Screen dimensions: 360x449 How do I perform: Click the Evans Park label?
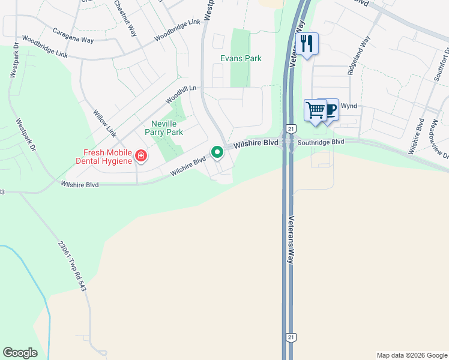(x=241, y=58)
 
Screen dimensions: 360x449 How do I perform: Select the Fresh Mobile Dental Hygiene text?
(x=107, y=157)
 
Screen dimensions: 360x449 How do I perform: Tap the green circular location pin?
(x=217, y=152)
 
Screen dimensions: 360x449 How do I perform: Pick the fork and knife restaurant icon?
(x=306, y=43)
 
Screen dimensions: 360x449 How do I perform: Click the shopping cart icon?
(x=315, y=110)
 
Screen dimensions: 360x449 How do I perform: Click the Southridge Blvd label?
(x=321, y=142)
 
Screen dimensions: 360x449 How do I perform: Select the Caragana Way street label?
(x=73, y=35)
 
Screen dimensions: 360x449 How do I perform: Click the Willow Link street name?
(x=105, y=122)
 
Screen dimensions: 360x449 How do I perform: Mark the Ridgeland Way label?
(x=358, y=56)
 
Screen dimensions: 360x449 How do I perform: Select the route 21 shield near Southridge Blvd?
(x=291, y=128)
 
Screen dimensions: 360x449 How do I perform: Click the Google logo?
(x=20, y=353)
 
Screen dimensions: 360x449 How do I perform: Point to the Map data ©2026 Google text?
(x=412, y=355)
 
